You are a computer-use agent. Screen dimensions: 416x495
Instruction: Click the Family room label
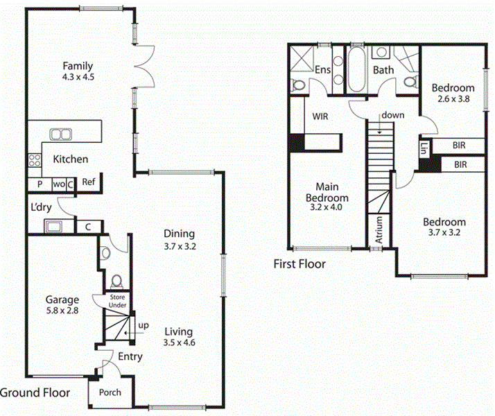[x=78, y=67]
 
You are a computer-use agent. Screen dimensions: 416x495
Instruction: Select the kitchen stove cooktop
[x=33, y=161]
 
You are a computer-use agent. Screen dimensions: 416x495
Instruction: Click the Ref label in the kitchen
[x=88, y=182]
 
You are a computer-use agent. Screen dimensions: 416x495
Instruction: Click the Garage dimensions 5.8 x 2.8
[x=62, y=311]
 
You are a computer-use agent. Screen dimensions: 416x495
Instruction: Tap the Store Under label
[x=116, y=301]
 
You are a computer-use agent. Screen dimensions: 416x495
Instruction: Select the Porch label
[x=110, y=392]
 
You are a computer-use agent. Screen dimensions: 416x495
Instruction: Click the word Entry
[x=130, y=357]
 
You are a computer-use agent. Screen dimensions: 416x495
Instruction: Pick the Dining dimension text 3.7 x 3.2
[x=179, y=245]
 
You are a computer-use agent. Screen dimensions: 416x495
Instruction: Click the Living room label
[x=179, y=331]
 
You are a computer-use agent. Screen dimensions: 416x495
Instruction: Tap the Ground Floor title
[x=35, y=392]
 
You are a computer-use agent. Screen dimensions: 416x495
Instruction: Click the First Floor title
[x=299, y=264]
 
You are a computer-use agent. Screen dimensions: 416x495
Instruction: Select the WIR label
[x=320, y=117]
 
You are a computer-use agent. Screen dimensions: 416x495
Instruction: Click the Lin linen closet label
[x=424, y=148]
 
